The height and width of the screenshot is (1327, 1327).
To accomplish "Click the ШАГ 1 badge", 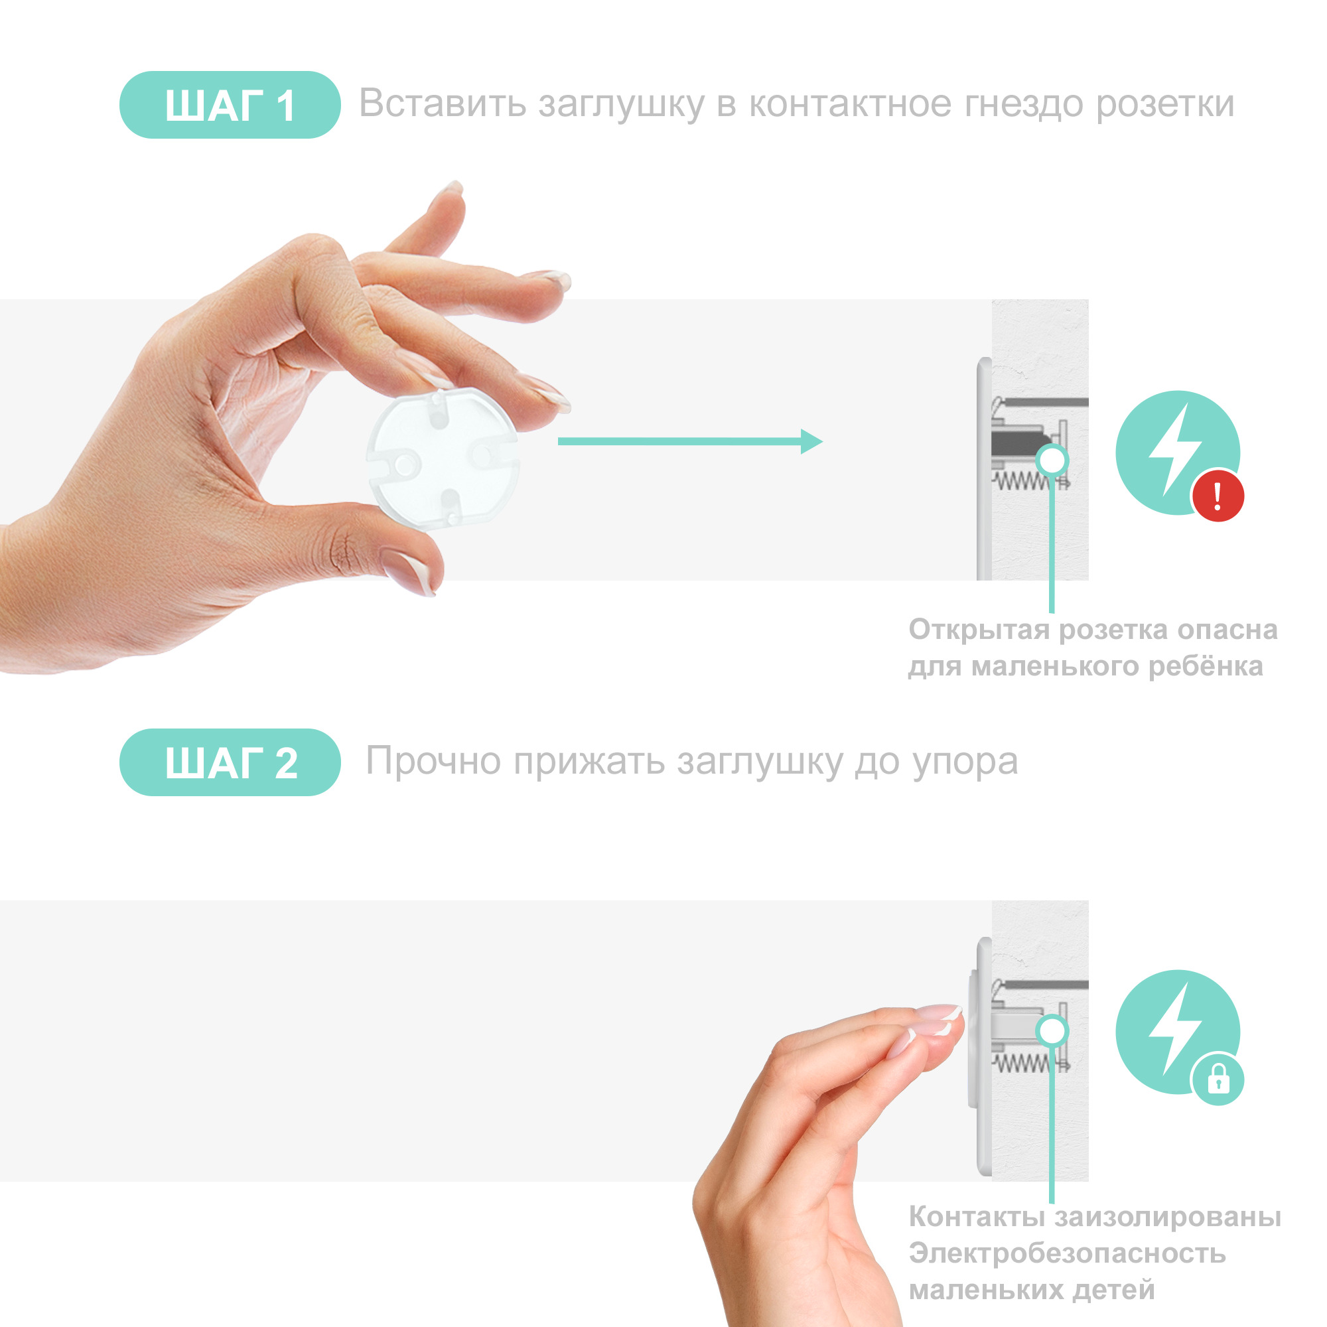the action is tap(230, 104).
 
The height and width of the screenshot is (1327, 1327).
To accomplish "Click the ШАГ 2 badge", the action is tap(230, 762).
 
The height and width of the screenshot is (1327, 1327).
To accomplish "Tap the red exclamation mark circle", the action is tap(1218, 495).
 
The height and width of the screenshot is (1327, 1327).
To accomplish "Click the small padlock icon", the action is tap(1218, 1079).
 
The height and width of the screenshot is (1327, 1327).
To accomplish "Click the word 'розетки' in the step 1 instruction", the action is tap(1165, 105).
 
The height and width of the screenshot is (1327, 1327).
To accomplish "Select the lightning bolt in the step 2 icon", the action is tap(1174, 1029).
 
